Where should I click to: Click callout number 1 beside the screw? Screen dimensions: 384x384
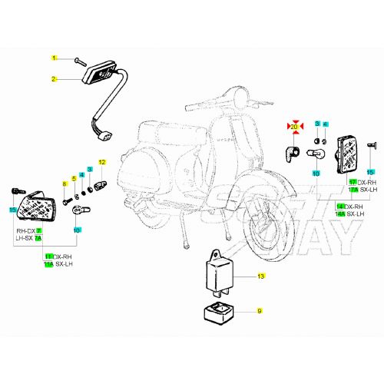[55, 58]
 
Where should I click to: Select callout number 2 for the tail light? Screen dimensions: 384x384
[55, 79]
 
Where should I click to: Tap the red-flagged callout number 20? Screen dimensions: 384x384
[293, 124]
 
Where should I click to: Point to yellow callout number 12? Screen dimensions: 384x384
[100, 162]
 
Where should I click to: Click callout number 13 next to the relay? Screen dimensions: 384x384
[260, 276]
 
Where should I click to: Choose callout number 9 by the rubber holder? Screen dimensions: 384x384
[260, 310]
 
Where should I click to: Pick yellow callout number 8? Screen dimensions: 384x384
[65, 184]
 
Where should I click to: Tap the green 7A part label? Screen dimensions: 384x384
[38, 239]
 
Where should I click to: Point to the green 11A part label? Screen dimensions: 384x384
[48, 263]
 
